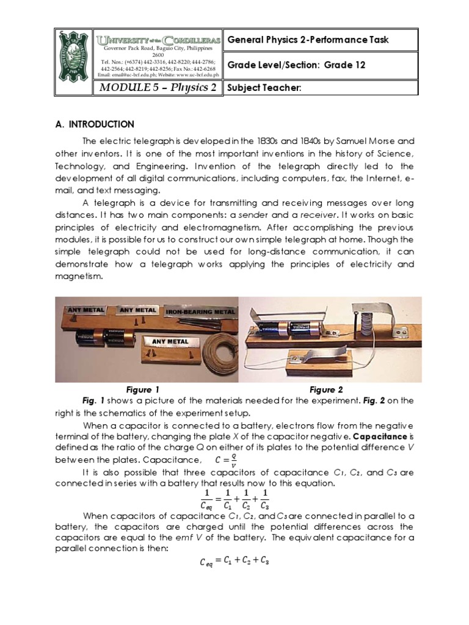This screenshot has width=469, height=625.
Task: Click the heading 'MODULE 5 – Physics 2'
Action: [x=155, y=87]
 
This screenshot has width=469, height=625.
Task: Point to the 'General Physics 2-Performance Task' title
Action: [x=307, y=40]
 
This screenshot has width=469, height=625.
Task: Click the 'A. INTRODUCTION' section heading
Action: [x=95, y=124]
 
